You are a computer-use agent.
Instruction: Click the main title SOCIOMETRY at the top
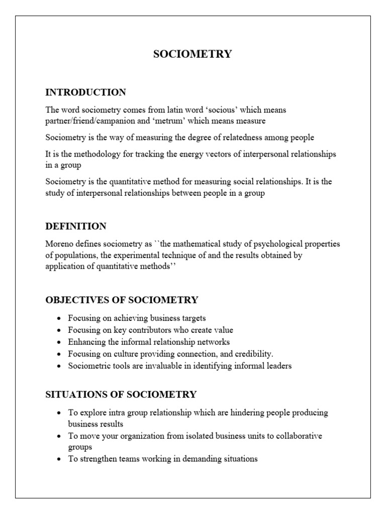coord(192,54)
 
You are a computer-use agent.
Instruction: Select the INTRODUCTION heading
coord(85,92)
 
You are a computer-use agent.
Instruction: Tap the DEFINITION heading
coord(76,226)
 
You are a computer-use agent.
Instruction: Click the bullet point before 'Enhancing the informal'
coord(59,342)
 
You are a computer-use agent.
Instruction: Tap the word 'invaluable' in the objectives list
coord(159,366)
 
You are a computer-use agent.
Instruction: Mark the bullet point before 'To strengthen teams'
coord(59,459)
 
